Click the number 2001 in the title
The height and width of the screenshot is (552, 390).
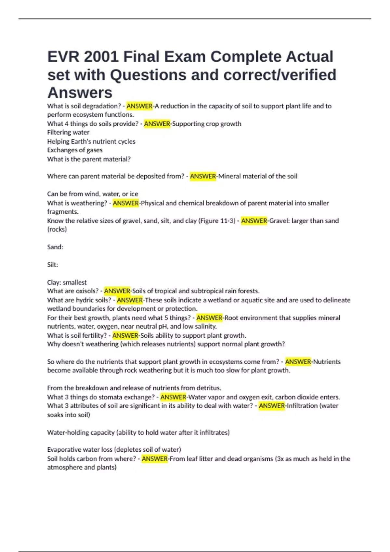(x=101, y=57)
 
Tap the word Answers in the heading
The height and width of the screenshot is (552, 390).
(x=80, y=93)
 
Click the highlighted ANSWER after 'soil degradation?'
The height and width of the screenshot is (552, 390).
(x=139, y=106)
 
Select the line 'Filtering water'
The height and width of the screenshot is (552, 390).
(x=68, y=132)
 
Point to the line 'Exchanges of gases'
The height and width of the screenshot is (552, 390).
(x=75, y=150)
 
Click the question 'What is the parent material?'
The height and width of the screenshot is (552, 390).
(x=89, y=159)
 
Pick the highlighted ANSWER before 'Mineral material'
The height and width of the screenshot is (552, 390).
(x=203, y=176)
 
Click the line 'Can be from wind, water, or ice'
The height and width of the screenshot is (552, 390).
(x=93, y=194)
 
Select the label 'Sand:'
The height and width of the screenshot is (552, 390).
(x=55, y=247)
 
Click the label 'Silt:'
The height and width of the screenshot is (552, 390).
(x=53, y=265)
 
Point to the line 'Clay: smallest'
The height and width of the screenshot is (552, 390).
(x=67, y=282)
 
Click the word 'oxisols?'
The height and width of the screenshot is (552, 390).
(x=87, y=291)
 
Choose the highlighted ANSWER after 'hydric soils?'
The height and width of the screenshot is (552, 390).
(x=130, y=300)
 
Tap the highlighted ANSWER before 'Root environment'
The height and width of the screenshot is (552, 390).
(x=209, y=318)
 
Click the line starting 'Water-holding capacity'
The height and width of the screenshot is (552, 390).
(x=138, y=433)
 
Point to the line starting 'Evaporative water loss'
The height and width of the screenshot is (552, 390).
(x=114, y=450)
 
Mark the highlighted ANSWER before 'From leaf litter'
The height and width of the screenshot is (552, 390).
(x=155, y=459)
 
